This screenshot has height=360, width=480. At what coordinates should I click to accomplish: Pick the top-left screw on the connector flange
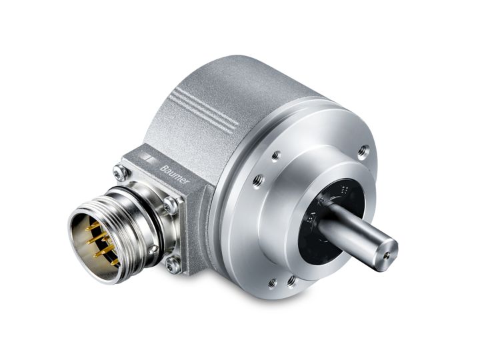[x=119, y=172]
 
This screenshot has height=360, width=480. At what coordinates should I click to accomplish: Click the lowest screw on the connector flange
[x=173, y=266]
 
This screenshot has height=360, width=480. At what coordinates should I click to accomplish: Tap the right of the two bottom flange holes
[x=291, y=281]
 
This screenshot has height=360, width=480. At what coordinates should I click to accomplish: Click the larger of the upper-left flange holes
[x=258, y=179]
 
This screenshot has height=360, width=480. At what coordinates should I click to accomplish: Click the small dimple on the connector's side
[x=153, y=249]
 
